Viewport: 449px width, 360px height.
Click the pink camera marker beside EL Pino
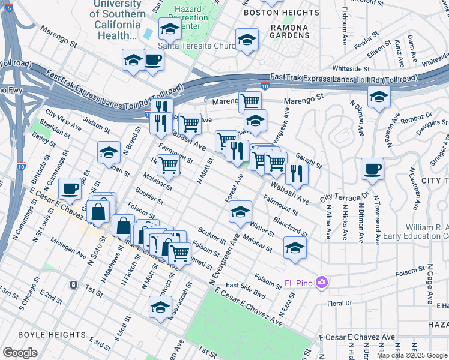(x=322, y=282)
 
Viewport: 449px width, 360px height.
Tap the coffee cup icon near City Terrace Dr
(x=372, y=170)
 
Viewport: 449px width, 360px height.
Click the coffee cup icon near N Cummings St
(x=70, y=189)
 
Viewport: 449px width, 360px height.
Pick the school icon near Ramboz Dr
(x=379, y=96)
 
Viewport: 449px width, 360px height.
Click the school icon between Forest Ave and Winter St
(x=240, y=211)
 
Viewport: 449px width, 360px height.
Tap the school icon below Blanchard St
(x=295, y=247)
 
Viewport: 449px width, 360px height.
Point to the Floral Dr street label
(x=339, y=304)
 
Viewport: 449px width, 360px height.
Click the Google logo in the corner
(x=20, y=352)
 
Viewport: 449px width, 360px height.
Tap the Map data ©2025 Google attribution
(x=412, y=355)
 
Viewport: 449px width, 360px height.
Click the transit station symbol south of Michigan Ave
(x=73, y=284)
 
